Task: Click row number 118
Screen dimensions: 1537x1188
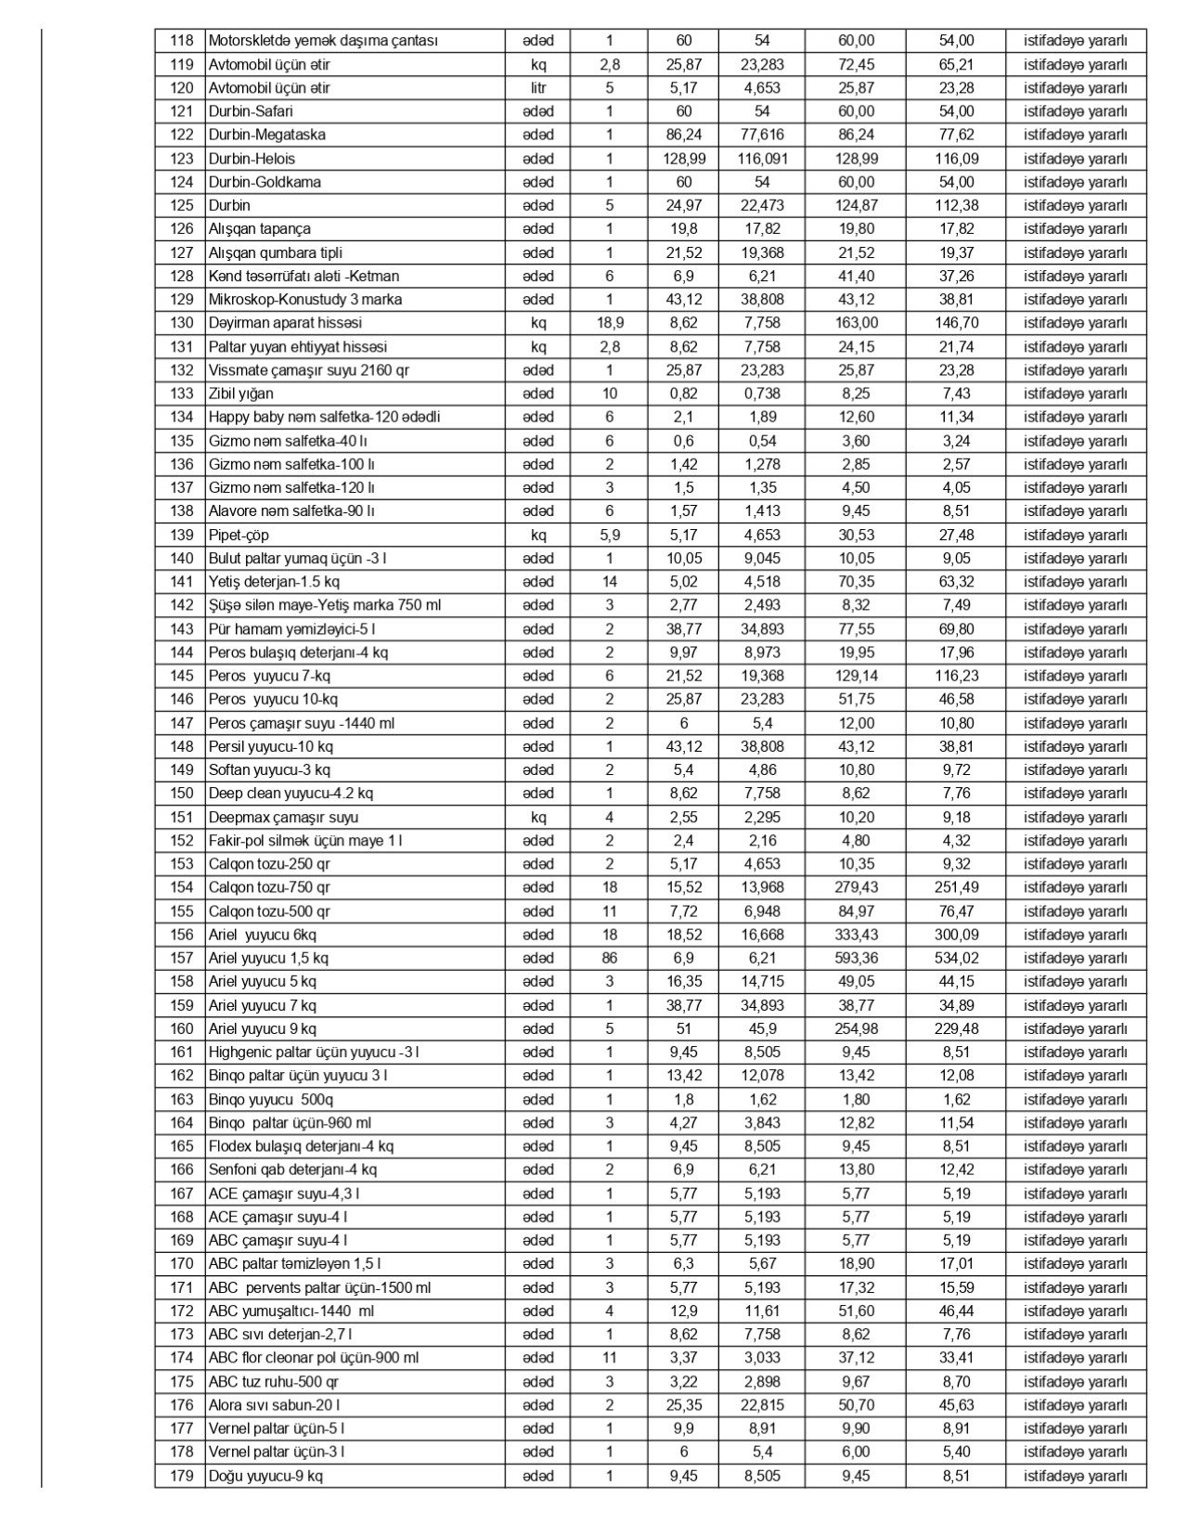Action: point(182,41)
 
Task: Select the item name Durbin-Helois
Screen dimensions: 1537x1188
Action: point(252,159)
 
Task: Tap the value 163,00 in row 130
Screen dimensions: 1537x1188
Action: point(856,323)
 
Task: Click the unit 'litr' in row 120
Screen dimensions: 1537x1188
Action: point(538,88)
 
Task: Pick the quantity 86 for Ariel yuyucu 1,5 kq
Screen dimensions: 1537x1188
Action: point(609,958)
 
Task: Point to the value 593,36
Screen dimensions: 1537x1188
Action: point(856,958)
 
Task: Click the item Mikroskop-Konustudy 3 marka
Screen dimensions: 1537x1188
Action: point(305,300)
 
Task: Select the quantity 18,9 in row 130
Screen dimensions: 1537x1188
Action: point(609,323)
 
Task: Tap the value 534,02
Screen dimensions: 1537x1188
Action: point(956,958)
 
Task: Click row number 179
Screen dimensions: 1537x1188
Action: point(182,1476)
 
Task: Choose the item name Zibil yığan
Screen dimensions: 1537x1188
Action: point(240,394)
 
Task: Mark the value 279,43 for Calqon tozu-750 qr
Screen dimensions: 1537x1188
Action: point(856,887)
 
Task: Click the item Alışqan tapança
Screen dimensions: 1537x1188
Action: point(259,229)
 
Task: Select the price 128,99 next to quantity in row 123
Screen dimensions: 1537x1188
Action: point(684,159)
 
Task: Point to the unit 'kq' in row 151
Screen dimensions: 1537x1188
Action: point(538,818)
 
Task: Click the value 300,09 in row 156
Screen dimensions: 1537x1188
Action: point(956,935)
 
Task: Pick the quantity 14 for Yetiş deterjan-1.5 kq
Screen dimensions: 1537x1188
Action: point(609,582)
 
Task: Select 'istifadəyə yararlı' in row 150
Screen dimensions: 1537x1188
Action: point(1076,794)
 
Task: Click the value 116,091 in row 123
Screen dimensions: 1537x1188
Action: point(762,159)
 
